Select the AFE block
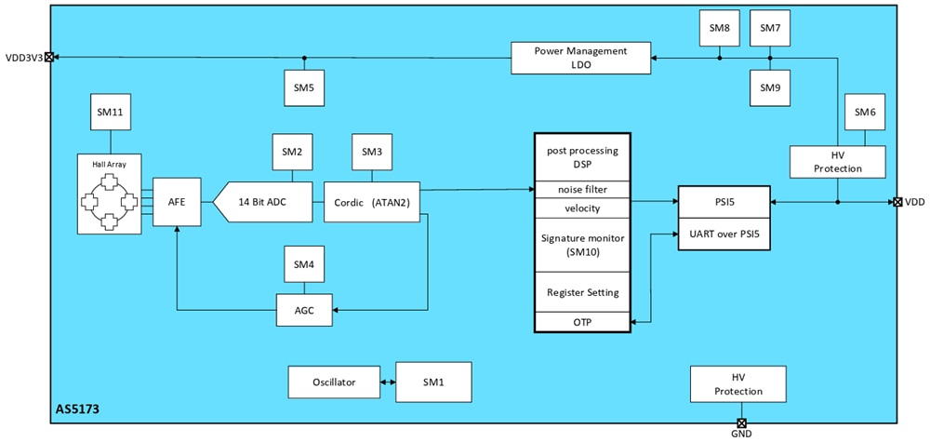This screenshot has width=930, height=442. point(177,202)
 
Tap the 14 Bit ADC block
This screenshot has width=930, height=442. point(263,202)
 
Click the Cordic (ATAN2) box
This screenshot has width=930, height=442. point(372,202)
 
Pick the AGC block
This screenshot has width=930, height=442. point(304,310)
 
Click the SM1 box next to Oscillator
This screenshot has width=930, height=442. point(432,382)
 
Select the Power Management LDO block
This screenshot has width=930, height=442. point(580,58)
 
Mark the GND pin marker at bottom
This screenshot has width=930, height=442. point(741,423)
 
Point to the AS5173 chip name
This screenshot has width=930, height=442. point(76,409)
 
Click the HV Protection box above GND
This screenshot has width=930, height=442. point(738,383)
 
